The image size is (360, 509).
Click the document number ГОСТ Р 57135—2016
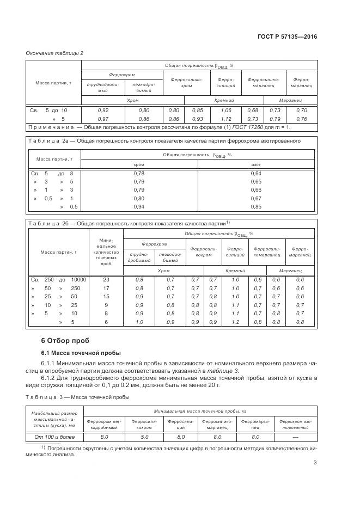coord(288,36)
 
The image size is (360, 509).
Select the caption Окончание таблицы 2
coord(54,53)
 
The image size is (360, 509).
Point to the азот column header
coord(256,164)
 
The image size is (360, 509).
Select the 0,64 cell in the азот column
coord(256,173)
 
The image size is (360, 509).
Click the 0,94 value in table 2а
coord(139,207)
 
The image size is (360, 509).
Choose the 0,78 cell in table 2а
coord(139,173)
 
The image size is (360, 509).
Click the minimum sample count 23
coord(106,279)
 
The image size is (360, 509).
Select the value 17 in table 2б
coord(106,288)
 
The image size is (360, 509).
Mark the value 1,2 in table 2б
coord(235,322)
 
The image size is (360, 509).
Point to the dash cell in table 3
coord(295,437)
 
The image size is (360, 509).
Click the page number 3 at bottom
coord(315,463)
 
